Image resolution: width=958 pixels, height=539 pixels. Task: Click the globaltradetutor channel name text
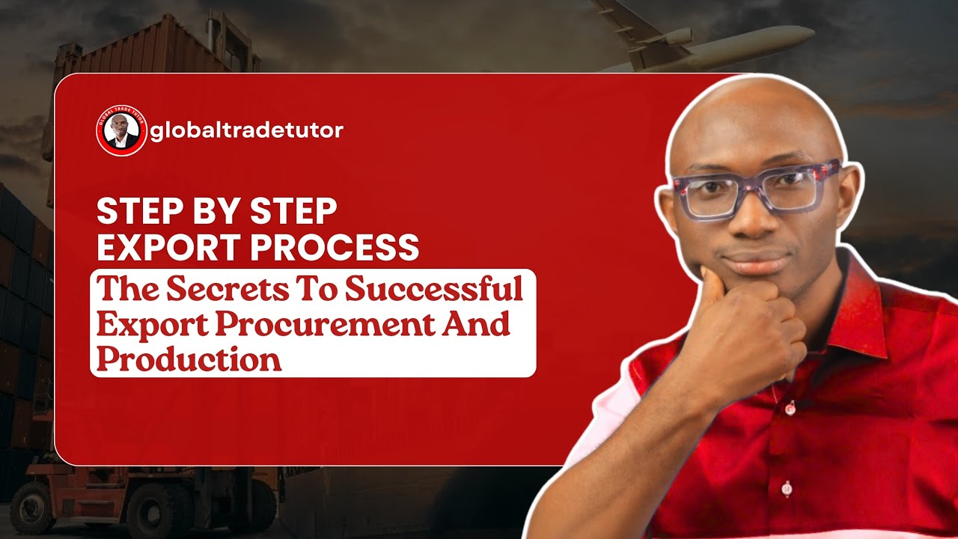[x=247, y=131]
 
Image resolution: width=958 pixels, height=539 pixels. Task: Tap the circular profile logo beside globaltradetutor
[x=120, y=131]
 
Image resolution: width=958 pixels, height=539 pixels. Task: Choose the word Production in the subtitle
[x=189, y=359]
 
